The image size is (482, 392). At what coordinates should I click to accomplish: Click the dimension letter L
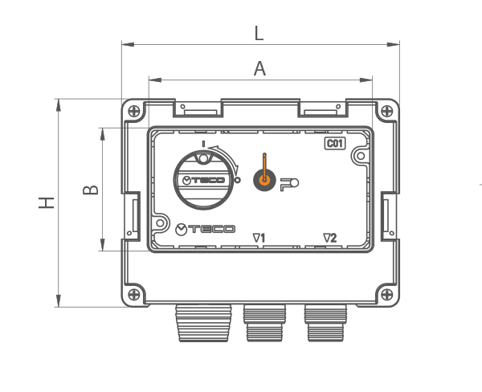coord(259,33)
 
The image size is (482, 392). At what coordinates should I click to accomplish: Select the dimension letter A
coord(259,68)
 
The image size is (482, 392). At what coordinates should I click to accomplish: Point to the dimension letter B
coord(91,190)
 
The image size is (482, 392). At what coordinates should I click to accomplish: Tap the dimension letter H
coord(46,203)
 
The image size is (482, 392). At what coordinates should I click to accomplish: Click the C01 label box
coord(335,144)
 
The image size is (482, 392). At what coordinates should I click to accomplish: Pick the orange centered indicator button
coord(264,180)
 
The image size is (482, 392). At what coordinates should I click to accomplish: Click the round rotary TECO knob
coord(203,181)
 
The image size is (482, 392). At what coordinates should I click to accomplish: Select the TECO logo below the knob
coord(205,230)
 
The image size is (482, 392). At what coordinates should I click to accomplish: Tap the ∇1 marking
coord(259,238)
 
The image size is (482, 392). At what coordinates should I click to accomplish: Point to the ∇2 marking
coord(330,238)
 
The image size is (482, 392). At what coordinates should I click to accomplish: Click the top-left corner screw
coord(133,111)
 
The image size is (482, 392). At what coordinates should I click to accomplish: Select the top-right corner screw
coord(386,111)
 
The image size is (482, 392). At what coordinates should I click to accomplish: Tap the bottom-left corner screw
coord(133,295)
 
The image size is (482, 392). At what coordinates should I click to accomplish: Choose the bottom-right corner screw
coord(386,295)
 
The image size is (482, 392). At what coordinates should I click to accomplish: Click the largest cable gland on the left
coord(203,323)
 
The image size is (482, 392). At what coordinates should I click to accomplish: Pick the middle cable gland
coord(264,323)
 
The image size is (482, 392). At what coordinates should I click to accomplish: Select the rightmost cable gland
coord(325,323)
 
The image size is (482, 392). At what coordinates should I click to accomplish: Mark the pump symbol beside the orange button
coord(289,185)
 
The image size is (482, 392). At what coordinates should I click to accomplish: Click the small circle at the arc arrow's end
coord(237,180)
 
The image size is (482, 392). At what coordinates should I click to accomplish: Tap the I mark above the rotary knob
coord(203,144)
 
